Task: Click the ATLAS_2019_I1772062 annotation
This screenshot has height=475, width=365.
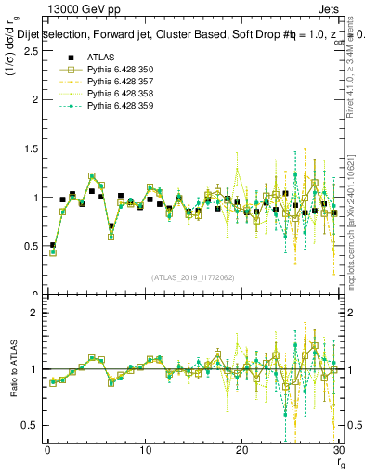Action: tap(193, 277)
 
